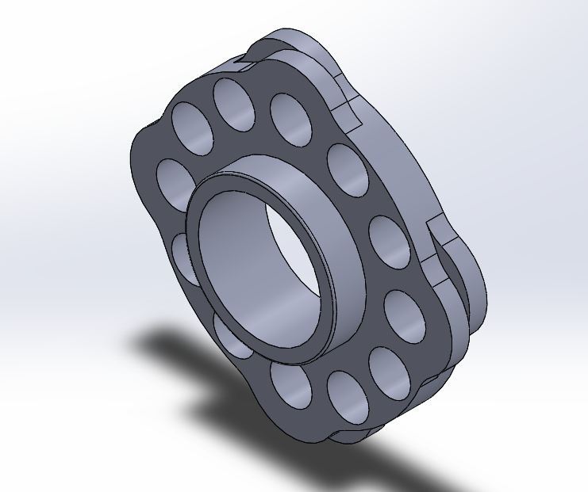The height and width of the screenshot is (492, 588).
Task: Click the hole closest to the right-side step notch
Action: [389, 242]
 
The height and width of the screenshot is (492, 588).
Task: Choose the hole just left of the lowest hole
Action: [290, 386]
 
